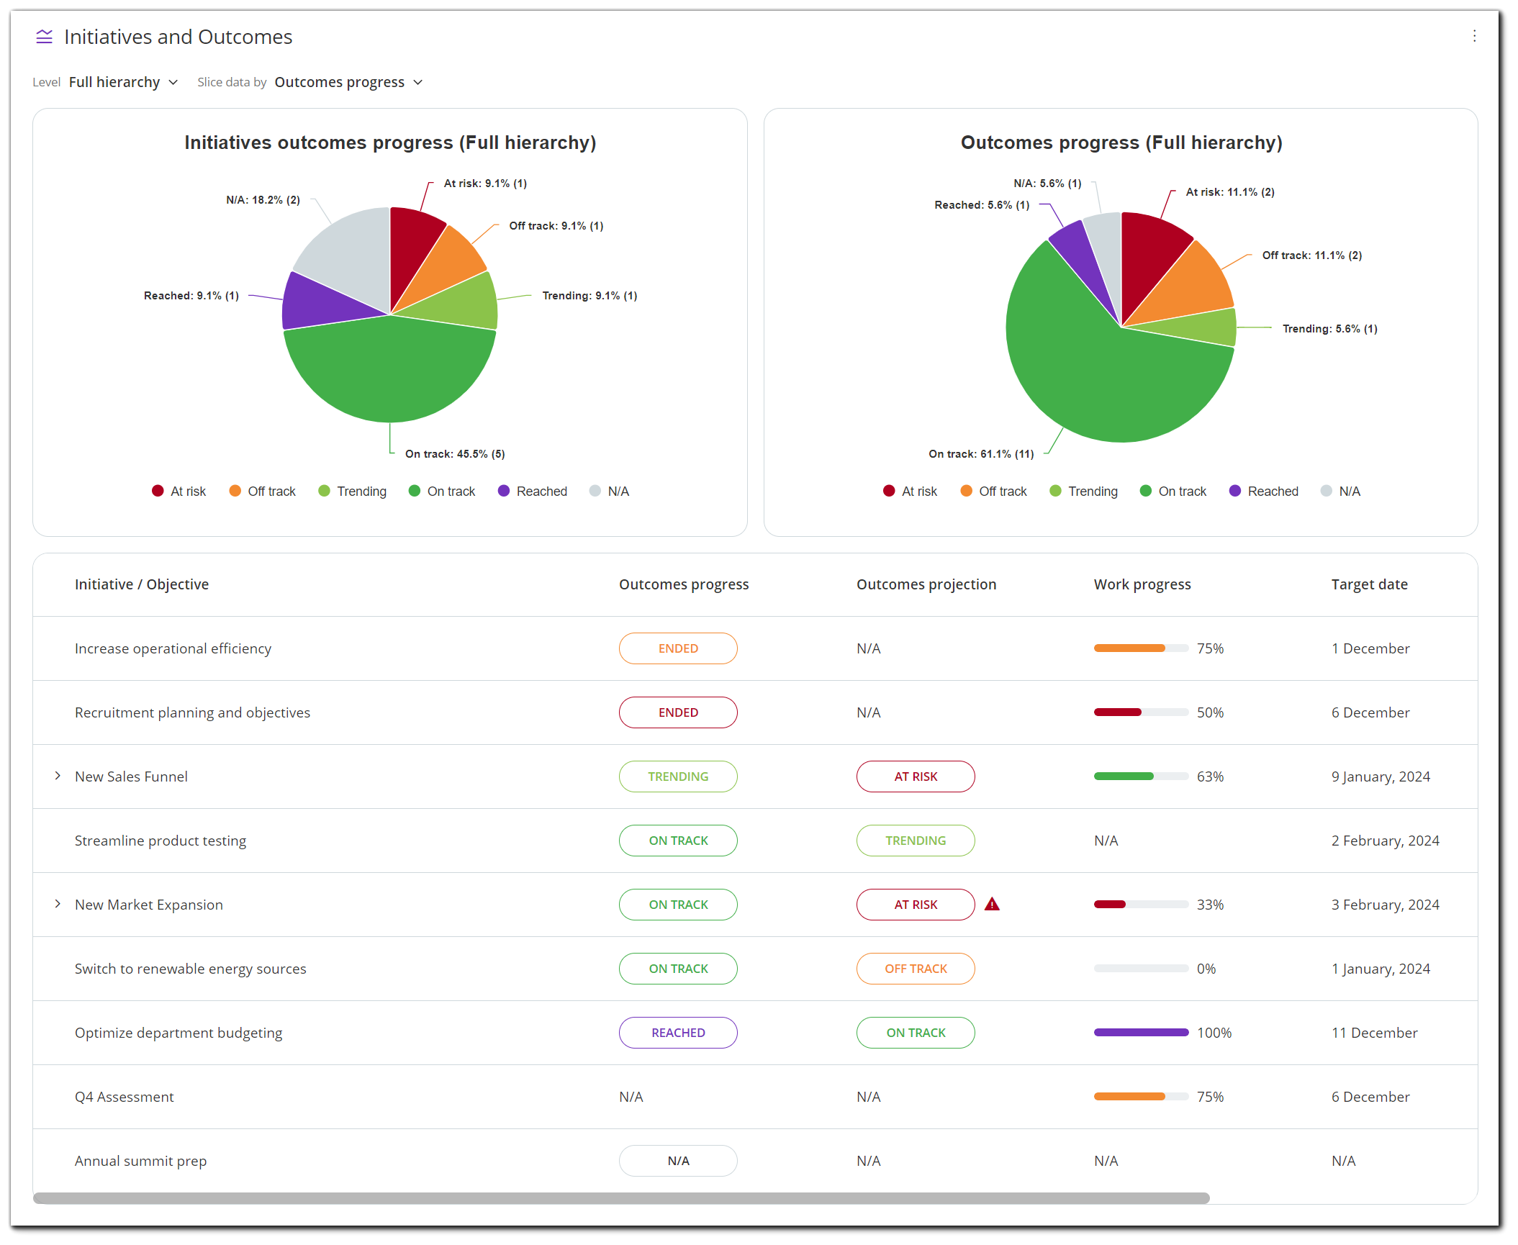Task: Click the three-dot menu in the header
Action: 1474,36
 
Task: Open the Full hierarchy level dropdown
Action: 123,82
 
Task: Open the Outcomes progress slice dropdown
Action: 348,82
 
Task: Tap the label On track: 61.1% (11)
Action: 980,454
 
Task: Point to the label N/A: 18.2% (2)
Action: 263,200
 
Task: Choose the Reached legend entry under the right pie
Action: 1264,492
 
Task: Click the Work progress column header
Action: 1142,584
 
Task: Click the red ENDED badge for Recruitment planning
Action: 678,712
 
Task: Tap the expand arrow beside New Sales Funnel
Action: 58,776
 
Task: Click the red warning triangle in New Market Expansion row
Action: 992,905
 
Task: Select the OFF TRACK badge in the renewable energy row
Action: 916,969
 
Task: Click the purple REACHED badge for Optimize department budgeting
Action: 678,1033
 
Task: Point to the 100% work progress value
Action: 1214,1033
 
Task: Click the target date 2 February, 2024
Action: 1385,841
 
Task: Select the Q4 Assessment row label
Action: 125,1097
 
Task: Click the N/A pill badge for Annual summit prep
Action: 678,1161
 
